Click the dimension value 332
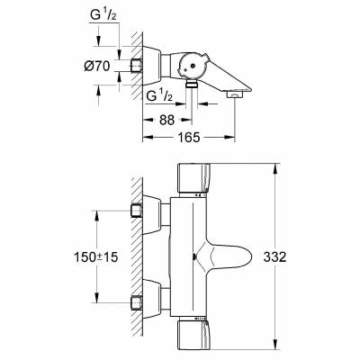tap(274, 256)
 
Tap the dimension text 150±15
tap(95, 256)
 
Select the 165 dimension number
tap(188, 137)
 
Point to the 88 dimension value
tap(166, 120)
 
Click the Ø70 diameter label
tap(97, 67)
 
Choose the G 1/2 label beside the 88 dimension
tap(159, 96)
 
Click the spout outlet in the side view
tap(234, 94)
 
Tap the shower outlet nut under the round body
tap(192, 84)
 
